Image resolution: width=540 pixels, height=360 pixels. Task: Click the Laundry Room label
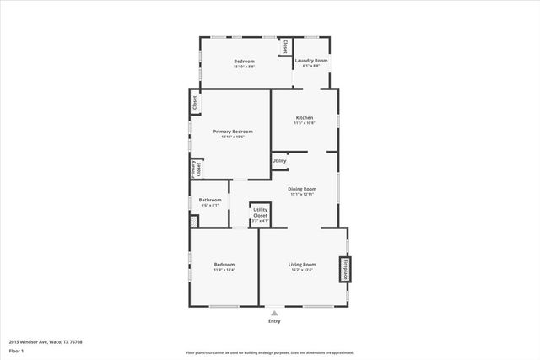(x=311, y=61)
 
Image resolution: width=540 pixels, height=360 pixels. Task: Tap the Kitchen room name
(x=304, y=117)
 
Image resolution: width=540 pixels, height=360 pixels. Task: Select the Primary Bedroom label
(x=232, y=132)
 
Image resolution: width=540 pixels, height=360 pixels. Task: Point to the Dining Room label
(x=302, y=188)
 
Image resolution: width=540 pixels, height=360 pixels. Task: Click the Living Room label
(x=302, y=265)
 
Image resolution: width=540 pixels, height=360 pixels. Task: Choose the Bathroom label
(x=210, y=200)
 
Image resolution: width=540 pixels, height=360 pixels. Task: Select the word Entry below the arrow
(x=273, y=321)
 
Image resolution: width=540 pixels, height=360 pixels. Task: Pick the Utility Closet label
(x=261, y=212)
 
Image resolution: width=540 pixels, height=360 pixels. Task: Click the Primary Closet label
(x=192, y=168)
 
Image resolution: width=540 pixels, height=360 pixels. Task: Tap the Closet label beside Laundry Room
(x=286, y=46)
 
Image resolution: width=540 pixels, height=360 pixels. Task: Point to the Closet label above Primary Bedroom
(x=195, y=104)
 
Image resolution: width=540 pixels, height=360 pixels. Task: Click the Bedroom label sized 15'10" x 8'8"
(x=244, y=61)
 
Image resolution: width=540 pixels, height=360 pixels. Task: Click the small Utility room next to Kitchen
(x=279, y=160)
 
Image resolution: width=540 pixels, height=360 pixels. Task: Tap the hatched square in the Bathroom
(x=194, y=221)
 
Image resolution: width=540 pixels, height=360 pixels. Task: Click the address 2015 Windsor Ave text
(x=46, y=341)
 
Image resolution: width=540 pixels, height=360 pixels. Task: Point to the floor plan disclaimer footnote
(x=269, y=352)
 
